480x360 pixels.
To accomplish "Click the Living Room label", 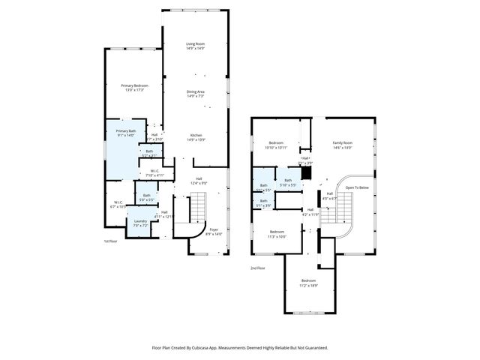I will (196, 45).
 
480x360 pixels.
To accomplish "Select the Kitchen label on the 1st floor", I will (196, 136).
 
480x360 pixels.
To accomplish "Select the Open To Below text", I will (357, 187).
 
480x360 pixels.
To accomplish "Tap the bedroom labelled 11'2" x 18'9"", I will (308, 283).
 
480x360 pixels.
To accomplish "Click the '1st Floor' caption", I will (110, 241).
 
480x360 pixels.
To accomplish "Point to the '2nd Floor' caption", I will (257, 268).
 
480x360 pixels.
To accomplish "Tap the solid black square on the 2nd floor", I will (305, 172).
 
